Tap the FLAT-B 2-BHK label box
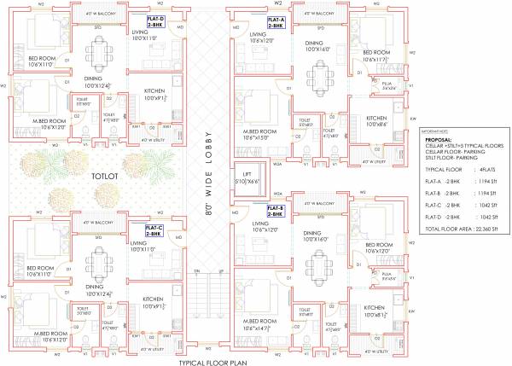[x=275, y=210]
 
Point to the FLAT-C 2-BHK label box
[x=154, y=229]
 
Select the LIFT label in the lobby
[x=246, y=176]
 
